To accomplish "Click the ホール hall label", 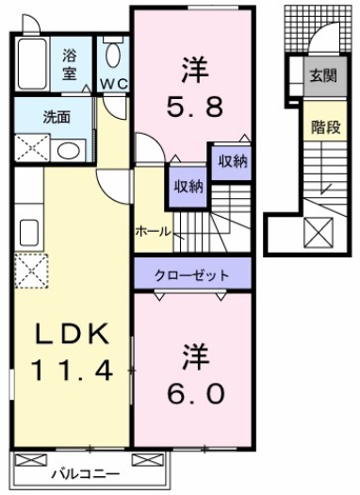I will click(x=153, y=229).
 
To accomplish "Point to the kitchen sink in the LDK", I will click(x=27, y=230).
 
